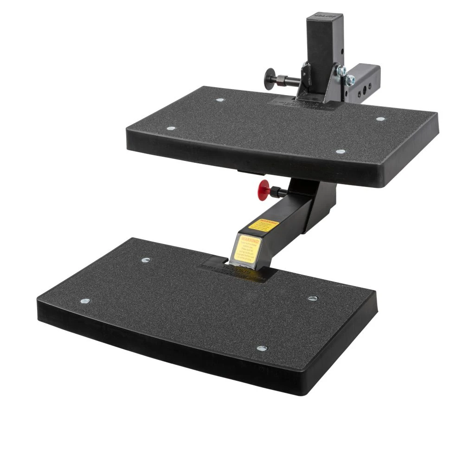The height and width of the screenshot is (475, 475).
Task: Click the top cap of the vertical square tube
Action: pos(325,16)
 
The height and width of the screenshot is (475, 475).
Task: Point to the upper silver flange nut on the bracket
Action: pos(341,70)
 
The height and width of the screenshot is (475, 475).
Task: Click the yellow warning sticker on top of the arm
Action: pos(263,225)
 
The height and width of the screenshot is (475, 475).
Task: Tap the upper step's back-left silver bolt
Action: pos(219,100)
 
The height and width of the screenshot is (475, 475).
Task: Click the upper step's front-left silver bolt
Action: pos(171,128)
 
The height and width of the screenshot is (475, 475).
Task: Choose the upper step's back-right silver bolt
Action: pos(380,119)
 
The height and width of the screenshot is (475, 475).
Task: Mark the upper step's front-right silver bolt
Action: pos(340,152)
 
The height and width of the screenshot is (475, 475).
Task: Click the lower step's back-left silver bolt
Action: pos(147,260)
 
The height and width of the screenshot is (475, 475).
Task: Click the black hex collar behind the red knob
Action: pos(278,190)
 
